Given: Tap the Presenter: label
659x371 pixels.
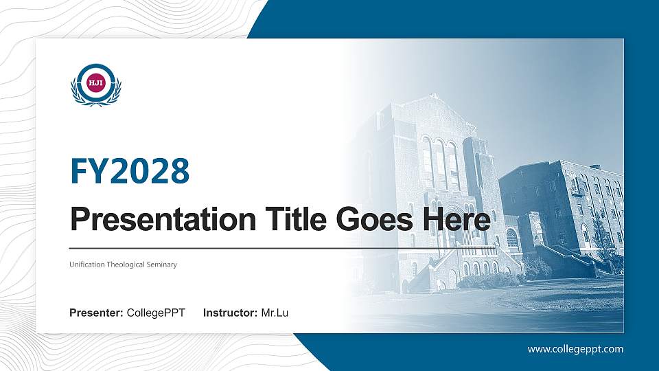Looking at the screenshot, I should [x=96, y=313].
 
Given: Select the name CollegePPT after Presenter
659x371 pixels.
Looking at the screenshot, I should [x=156, y=313].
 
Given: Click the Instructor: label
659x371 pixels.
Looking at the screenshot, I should [x=231, y=313].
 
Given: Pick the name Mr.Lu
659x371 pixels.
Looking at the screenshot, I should [x=275, y=313].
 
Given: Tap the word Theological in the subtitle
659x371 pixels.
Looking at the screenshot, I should [x=127, y=265].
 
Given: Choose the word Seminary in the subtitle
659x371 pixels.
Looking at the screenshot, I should [x=163, y=265].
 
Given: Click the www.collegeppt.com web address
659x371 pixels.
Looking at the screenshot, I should [x=575, y=349].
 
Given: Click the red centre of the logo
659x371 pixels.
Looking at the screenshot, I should [x=96, y=83].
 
